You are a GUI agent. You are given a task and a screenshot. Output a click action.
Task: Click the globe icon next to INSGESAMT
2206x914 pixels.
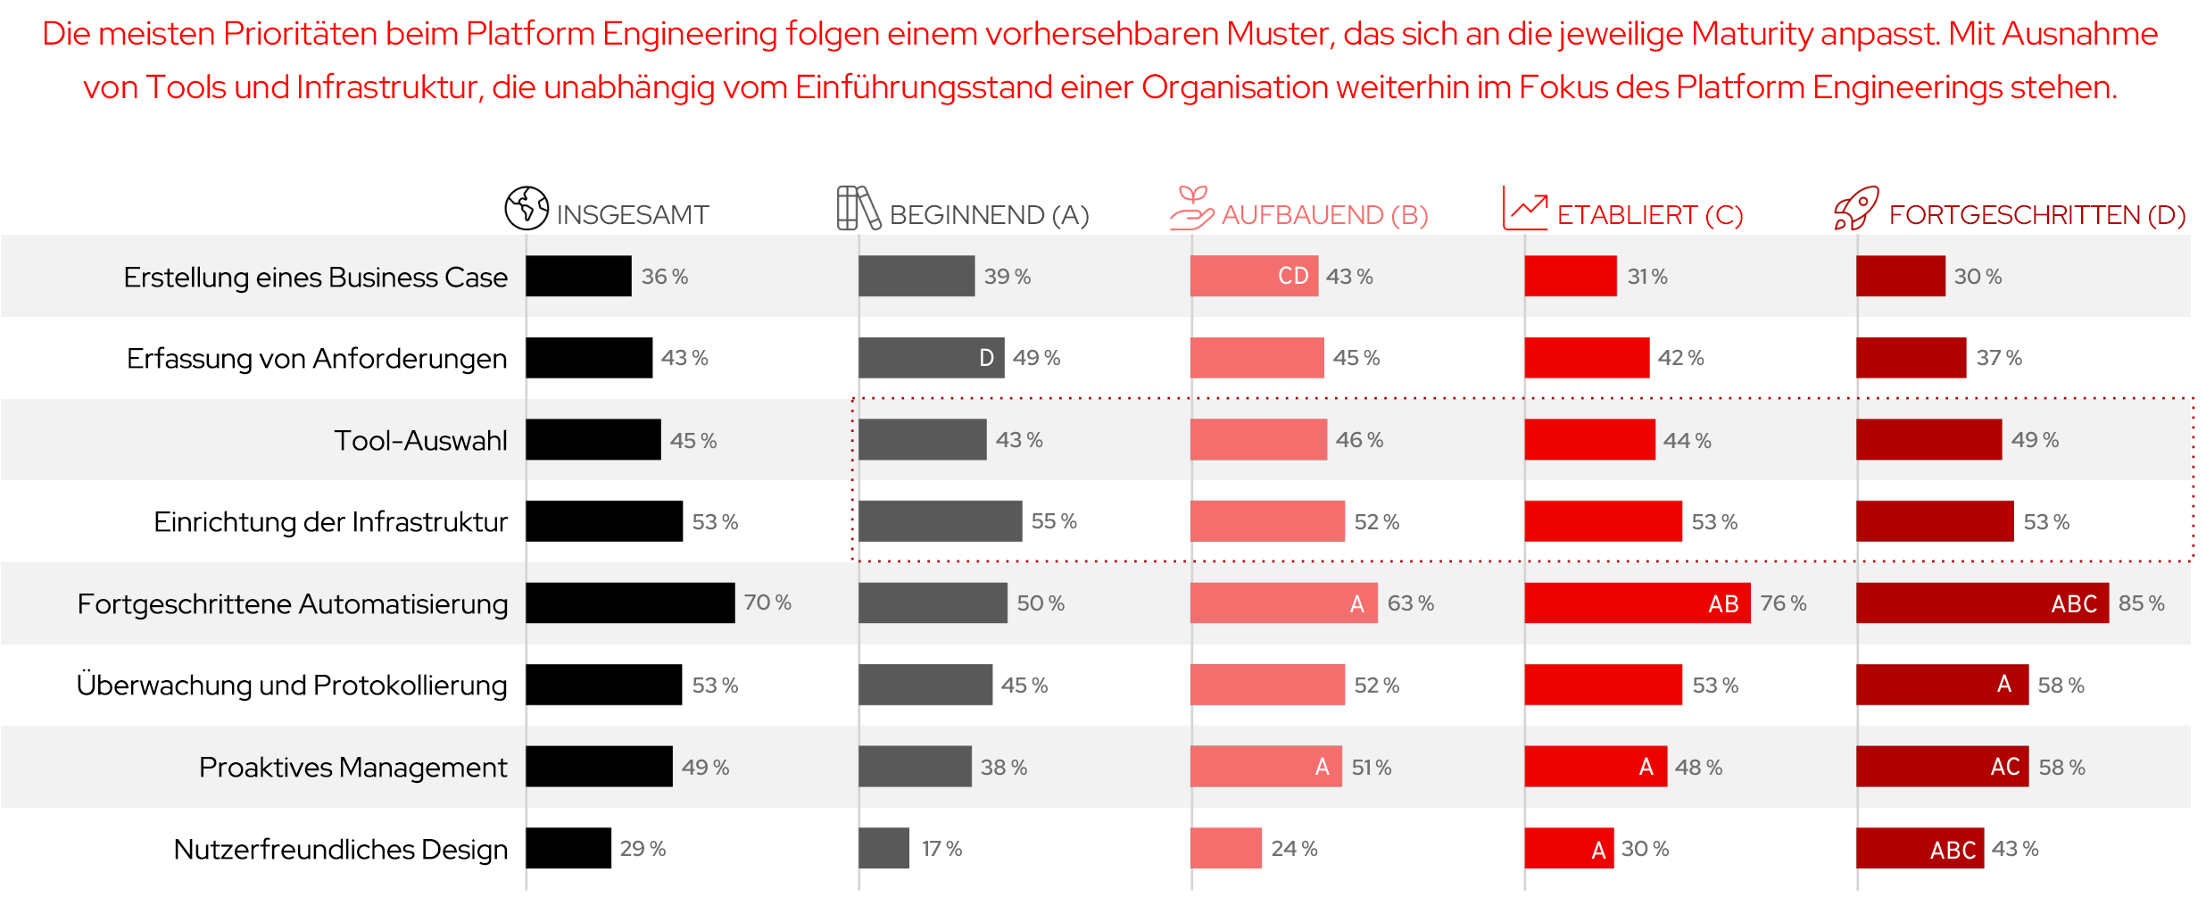pos(527,208)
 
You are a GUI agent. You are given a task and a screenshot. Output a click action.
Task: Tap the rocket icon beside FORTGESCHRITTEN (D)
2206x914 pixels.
pos(1856,208)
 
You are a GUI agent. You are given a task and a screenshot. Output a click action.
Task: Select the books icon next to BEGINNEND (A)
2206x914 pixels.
pos(858,208)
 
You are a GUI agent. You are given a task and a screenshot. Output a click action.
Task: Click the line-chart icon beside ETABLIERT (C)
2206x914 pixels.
pos(1524,208)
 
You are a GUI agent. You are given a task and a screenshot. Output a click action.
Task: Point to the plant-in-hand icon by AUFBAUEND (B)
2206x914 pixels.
pos(1191,208)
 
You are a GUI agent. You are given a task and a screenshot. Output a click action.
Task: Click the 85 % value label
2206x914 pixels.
pos(2141,603)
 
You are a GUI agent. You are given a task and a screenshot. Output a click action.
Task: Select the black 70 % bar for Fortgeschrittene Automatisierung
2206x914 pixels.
pos(630,603)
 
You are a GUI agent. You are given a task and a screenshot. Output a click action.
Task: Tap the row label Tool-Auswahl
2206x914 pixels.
pos(420,440)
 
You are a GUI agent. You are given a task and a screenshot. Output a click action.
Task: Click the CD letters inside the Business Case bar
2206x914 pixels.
pos(1293,276)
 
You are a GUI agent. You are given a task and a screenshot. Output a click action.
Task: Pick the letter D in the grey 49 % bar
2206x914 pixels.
pos(986,358)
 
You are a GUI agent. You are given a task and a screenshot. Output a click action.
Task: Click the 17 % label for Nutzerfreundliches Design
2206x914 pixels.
pos(941,849)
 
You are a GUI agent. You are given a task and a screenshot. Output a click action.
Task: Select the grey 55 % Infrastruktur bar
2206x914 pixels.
pos(940,521)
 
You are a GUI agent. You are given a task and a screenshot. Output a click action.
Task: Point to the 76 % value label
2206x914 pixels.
pos(1783,603)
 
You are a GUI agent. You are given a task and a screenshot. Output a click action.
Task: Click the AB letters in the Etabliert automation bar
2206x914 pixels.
pos(1723,604)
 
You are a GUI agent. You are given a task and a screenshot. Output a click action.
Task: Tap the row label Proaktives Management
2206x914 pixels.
pos(352,768)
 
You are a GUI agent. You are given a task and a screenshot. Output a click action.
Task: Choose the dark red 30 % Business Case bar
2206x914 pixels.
pos(1900,276)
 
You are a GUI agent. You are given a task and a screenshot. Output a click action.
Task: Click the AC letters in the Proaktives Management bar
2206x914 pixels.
pos(2005,768)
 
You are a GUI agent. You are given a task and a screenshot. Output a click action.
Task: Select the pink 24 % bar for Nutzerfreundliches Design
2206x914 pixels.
pos(1225,849)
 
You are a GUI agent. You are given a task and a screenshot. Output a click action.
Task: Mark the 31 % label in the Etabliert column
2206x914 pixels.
pos(1647,277)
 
